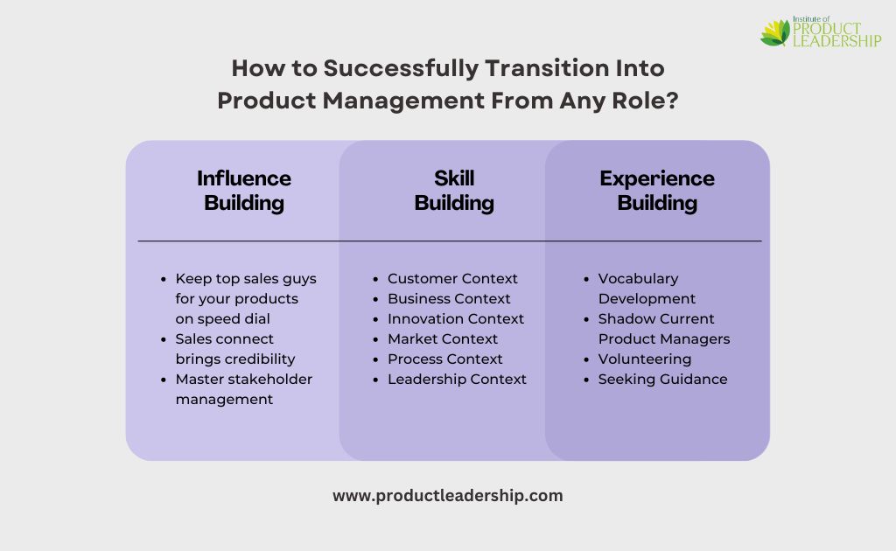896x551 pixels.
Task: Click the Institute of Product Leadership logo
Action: [821, 32]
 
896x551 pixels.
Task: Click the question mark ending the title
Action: [672, 101]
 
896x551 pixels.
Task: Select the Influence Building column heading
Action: [244, 191]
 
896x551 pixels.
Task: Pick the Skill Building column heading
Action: [454, 191]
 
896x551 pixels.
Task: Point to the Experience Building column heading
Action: [657, 191]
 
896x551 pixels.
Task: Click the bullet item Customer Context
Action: [452, 279]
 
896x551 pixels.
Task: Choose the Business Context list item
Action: [449, 298]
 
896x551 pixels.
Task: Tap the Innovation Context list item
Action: [456, 318]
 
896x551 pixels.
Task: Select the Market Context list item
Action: [443, 338]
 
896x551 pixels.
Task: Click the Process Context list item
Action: [445, 359]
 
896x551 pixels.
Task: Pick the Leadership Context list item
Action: [457, 379]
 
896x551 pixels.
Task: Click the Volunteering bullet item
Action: [645, 359]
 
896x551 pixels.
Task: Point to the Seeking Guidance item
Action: [663, 380]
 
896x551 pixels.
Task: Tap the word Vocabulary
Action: [638, 279]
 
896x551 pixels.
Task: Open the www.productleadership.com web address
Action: [448, 496]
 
